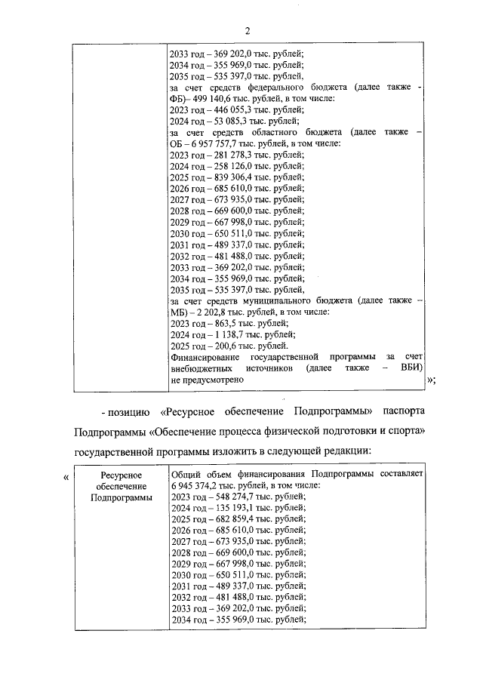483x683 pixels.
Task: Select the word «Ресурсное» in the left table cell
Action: [x=122, y=474]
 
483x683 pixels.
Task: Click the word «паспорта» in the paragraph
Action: [x=400, y=411]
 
